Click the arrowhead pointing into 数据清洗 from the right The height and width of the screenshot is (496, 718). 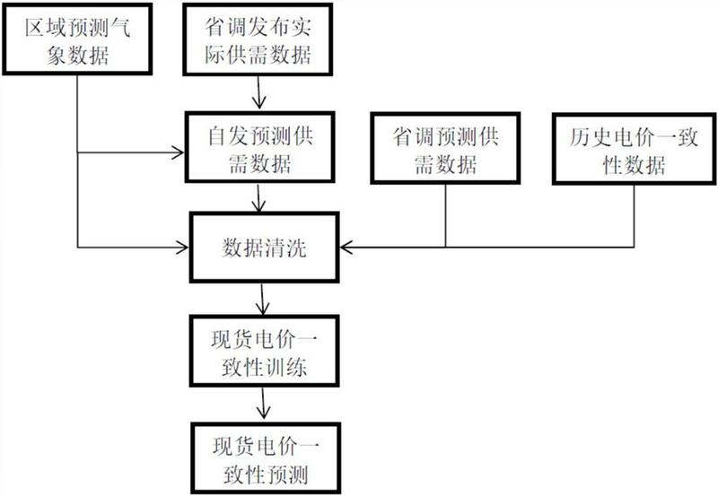click(346, 247)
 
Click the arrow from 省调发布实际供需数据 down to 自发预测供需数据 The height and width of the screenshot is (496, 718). click(258, 93)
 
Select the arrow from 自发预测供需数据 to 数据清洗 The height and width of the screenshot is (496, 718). click(258, 198)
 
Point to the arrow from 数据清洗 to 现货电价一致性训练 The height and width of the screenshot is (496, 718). click(262, 300)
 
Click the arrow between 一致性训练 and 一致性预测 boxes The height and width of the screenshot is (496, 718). click(263, 403)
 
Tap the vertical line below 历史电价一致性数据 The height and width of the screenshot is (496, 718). click(635, 216)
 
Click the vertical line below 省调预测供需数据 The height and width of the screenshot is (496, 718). click(445, 215)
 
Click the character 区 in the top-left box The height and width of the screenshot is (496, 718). click(35, 28)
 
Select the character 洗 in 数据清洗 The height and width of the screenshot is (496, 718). click(296, 248)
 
